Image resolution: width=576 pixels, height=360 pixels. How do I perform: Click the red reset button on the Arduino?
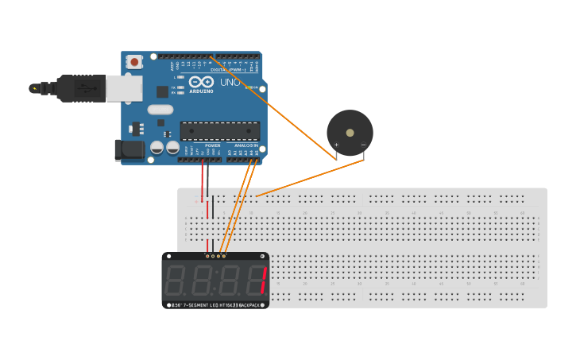click(134, 61)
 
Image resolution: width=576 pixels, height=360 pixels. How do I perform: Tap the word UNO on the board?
click(230, 82)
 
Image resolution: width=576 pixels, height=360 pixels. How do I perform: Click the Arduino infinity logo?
click(201, 82)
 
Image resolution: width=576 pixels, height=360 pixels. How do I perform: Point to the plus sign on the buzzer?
click(336, 145)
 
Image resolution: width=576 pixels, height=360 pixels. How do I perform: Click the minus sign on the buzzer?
click(363, 145)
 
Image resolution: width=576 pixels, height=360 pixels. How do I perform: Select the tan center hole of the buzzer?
click(350, 133)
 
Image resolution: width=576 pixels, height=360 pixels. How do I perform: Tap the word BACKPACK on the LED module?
click(250, 304)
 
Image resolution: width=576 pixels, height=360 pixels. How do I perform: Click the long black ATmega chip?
click(219, 131)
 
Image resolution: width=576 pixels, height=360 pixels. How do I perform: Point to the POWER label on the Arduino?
click(212, 145)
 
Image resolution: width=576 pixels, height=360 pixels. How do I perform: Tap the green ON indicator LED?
click(249, 87)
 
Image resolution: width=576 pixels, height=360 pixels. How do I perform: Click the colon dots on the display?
click(215, 281)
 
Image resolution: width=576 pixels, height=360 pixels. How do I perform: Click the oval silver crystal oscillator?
click(160, 110)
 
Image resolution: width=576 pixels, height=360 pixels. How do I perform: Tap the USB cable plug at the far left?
click(36, 88)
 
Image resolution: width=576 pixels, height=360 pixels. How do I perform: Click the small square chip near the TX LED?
click(162, 91)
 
